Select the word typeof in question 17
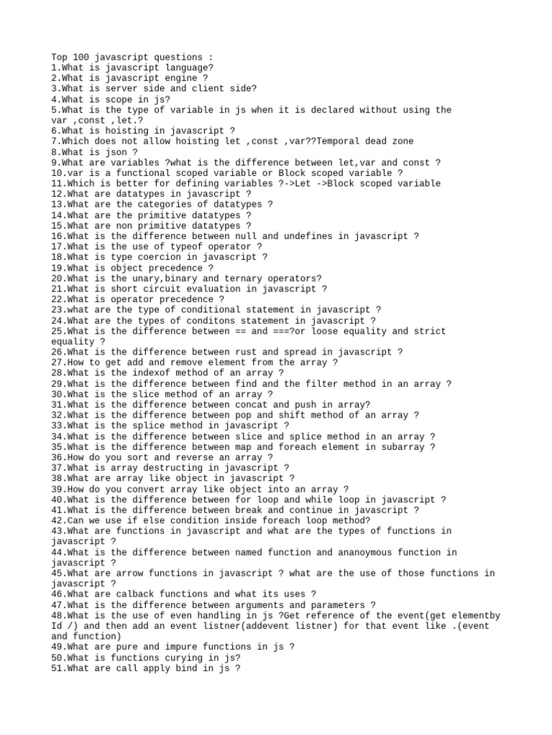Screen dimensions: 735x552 pyautogui.click(x=189, y=246)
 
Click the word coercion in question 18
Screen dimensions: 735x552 pyautogui.click(x=168, y=257)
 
